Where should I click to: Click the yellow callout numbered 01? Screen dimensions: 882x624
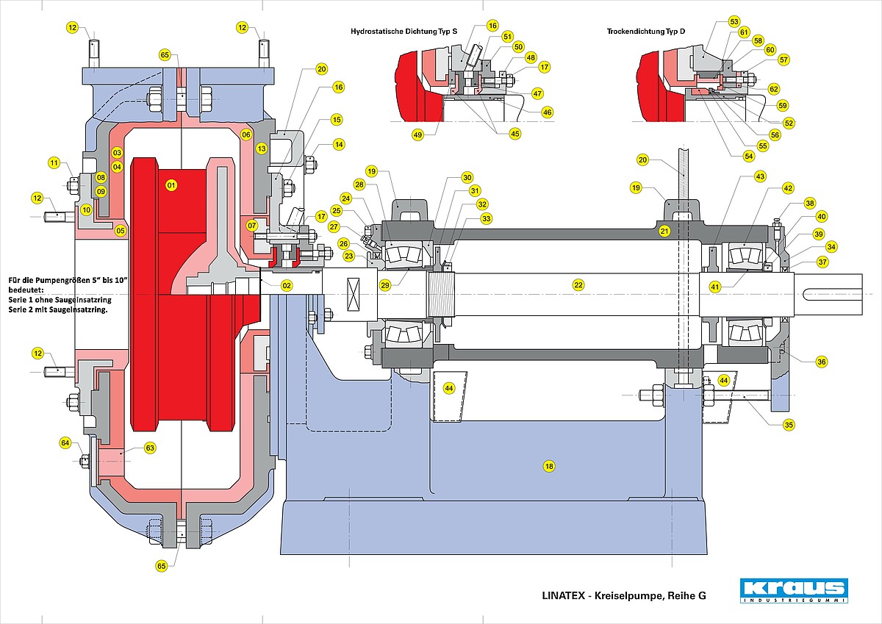coord(171,185)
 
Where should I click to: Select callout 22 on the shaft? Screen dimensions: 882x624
coord(578,284)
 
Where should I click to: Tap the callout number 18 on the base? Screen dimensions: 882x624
coord(549,467)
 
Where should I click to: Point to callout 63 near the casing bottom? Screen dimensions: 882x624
coord(150,448)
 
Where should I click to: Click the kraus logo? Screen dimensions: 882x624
coord(794,590)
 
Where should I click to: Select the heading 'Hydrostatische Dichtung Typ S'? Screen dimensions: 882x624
coord(404,31)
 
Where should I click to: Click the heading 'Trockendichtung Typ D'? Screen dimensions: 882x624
coord(646,31)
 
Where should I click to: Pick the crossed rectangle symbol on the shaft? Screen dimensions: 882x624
coord(354,294)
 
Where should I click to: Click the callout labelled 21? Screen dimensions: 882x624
coord(664,231)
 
